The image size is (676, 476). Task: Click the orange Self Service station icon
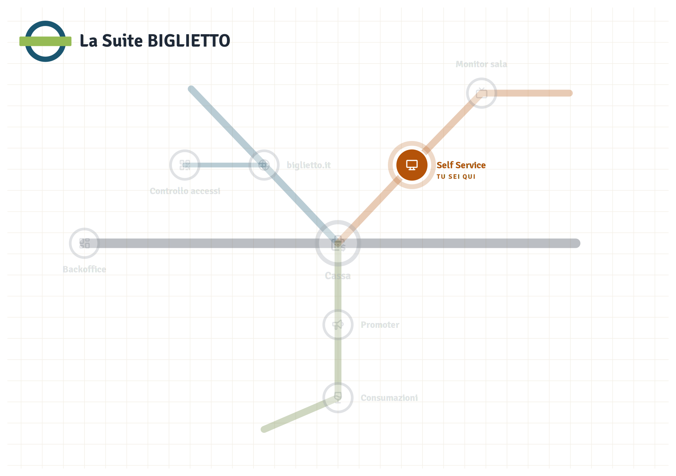click(412, 165)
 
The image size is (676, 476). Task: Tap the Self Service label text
click(461, 165)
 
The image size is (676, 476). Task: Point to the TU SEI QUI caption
click(456, 177)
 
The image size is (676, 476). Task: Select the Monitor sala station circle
click(481, 93)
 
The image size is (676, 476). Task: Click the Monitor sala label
click(481, 64)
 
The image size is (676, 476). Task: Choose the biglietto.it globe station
click(264, 165)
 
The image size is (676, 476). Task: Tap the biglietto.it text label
click(309, 165)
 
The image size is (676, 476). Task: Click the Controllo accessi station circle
click(185, 165)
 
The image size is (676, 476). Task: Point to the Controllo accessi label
click(185, 191)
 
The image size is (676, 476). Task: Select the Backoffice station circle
click(84, 243)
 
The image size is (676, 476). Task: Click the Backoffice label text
click(84, 269)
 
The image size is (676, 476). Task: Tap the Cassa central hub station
click(338, 243)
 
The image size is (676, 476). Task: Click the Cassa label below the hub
click(338, 276)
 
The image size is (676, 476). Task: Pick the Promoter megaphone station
click(338, 324)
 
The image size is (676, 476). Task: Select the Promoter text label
click(380, 325)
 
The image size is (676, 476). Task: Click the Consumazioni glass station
click(338, 397)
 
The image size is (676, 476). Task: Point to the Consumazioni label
click(389, 398)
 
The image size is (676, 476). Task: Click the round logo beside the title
click(45, 41)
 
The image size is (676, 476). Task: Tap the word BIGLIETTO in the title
click(189, 41)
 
